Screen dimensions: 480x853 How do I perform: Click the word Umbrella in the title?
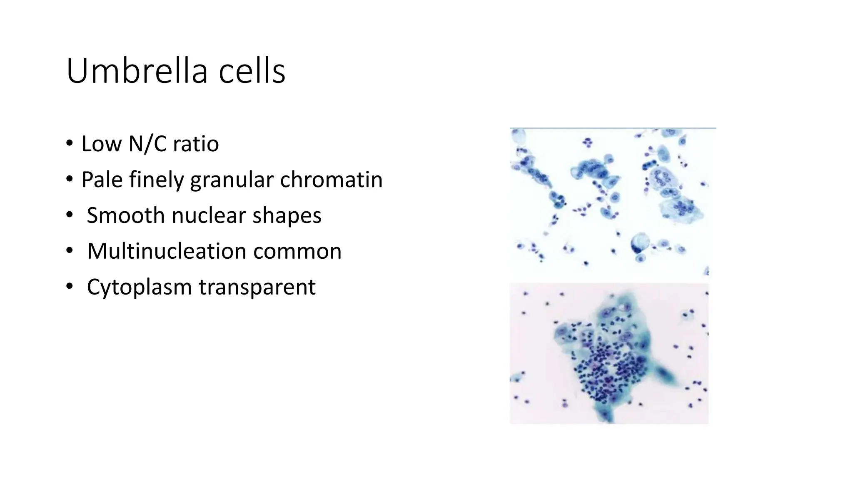pos(137,71)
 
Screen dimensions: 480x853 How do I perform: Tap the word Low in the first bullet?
pos(101,144)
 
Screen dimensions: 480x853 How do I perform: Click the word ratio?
pos(196,144)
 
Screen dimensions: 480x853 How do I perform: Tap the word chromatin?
pos(331,180)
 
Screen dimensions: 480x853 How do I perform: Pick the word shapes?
pos(287,216)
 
